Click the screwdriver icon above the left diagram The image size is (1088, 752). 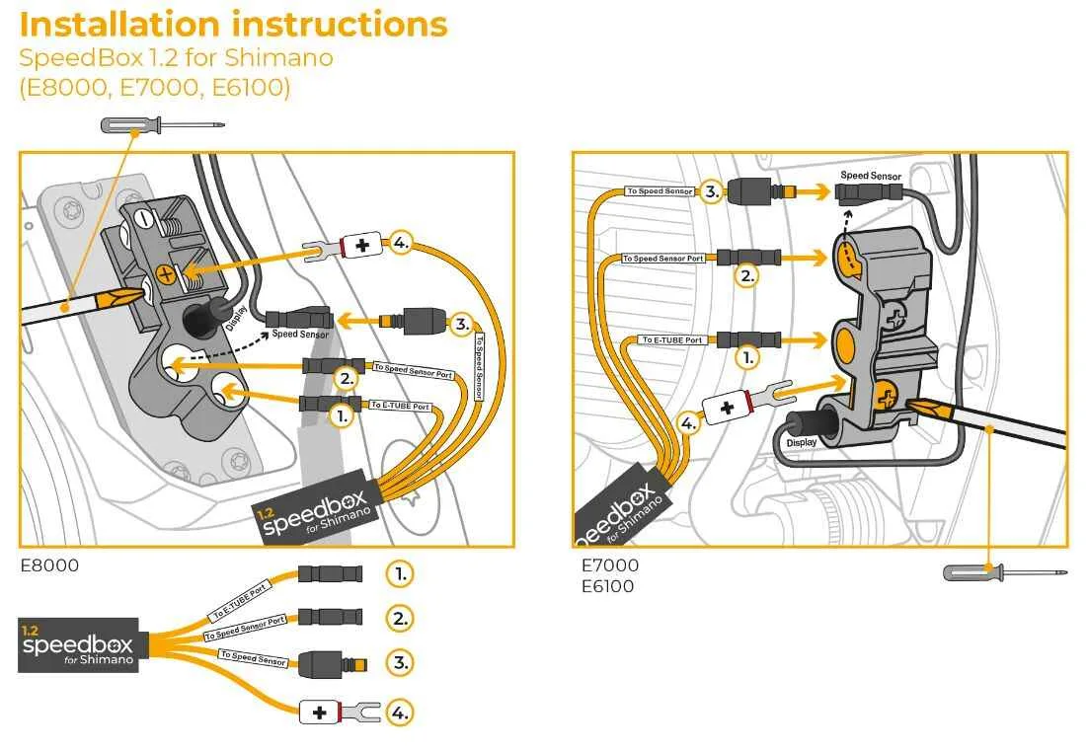pos(163,125)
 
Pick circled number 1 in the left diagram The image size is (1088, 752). pos(342,415)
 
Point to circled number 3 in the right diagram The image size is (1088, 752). pos(711,191)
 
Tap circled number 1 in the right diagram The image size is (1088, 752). pos(748,357)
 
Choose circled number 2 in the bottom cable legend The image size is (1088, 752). pos(399,619)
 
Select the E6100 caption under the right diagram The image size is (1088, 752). pos(607,587)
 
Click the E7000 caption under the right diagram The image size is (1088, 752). pos(609,566)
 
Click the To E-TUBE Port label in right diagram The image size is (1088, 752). pos(671,339)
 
